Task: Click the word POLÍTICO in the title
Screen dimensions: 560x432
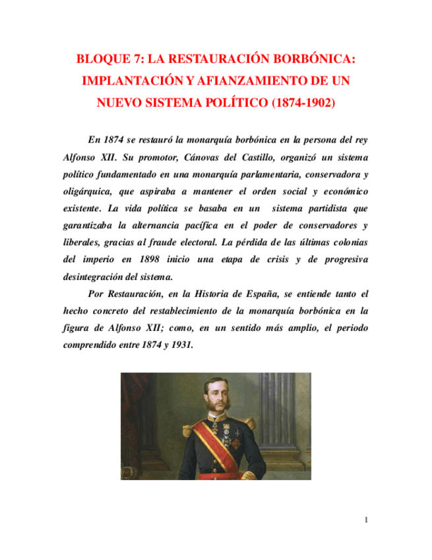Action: (x=230, y=103)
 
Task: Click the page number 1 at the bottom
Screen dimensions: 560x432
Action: (x=367, y=521)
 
